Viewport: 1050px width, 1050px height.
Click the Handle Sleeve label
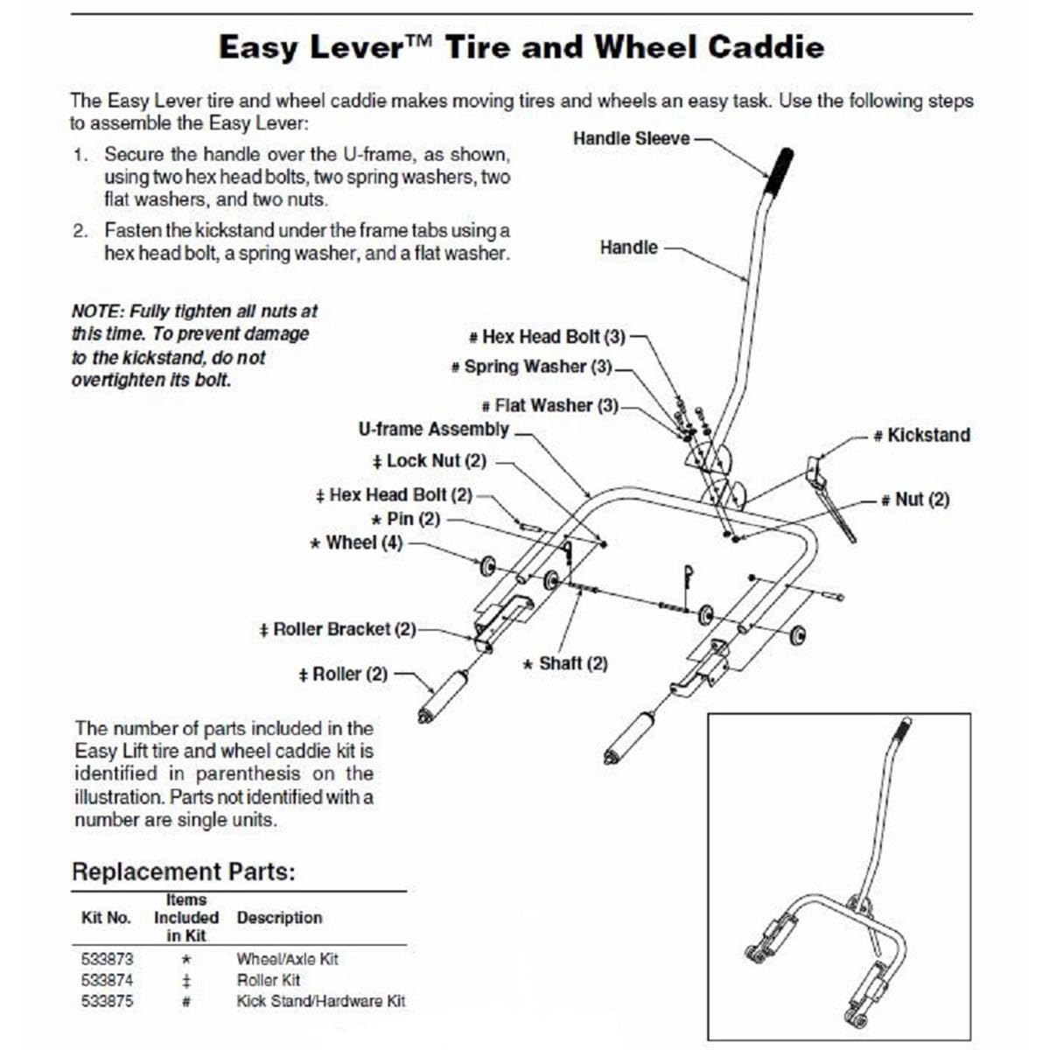point(631,138)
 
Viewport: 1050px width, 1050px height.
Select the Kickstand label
point(927,435)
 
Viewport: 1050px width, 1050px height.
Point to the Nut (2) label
point(921,499)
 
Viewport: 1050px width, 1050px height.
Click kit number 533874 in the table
point(107,980)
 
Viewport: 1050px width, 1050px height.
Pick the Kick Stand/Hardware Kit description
point(321,1001)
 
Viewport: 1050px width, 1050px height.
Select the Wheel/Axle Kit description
point(287,959)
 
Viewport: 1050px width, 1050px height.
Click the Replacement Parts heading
point(184,871)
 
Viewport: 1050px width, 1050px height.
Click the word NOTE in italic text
point(97,311)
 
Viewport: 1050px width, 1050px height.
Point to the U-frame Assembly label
point(433,429)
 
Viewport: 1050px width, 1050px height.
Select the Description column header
point(279,918)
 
